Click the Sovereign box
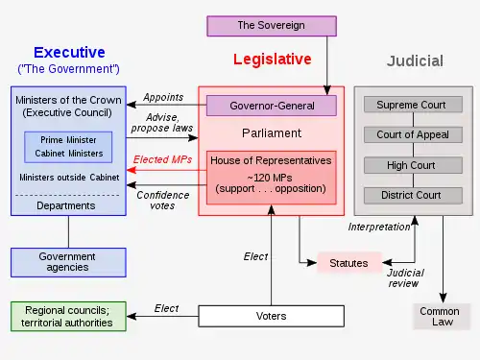click(x=272, y=26)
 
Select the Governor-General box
click(x=272, y=106)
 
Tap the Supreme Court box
click(x=413, y=105)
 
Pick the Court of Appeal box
click(x=413, y=134)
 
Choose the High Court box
click(x=413, y=165)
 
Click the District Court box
click(x=413, y=195)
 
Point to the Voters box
click(x=272, y=316)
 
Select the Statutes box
click(x=349, y=263)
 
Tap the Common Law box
click(x=442, y=317)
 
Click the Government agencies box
click(x=68, y=262)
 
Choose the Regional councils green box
click(x=68, y=317)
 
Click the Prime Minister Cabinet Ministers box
click(x=68, y=147)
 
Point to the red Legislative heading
click(x=273, y=60)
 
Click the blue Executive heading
click(x=69, y=52)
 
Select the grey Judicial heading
click(x=415, y=61)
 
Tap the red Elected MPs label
click(x=162, y=159)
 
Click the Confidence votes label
click(x=163, y=201)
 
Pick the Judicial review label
click(x=405, y=278)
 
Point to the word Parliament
click(x=272, y=133)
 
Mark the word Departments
click(x=66, y=205)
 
